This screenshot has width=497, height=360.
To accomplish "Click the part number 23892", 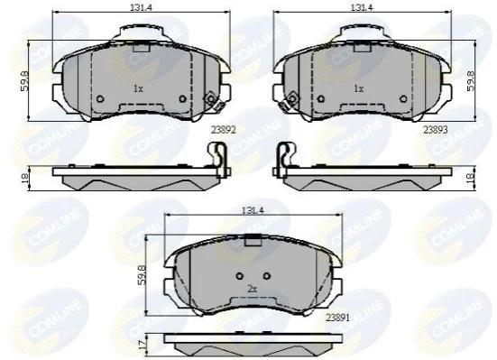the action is pos(224,130).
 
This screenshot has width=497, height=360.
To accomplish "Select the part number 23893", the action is pos(436,130).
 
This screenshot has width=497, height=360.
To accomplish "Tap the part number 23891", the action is pos(338,318).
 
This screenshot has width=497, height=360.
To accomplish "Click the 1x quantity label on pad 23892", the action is pos(138,88).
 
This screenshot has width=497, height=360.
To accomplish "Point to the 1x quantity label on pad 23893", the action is pos(358,88).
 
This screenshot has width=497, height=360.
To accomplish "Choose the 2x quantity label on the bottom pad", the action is pos(252,289).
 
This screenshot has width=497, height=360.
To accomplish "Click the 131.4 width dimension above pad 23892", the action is pos(141,7).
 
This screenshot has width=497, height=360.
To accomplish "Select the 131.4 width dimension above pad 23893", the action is pos(362,7).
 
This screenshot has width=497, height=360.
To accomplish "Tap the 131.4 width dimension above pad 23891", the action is pos(253,209).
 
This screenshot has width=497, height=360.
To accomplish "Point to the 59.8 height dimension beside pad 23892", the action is pos(24,81).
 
